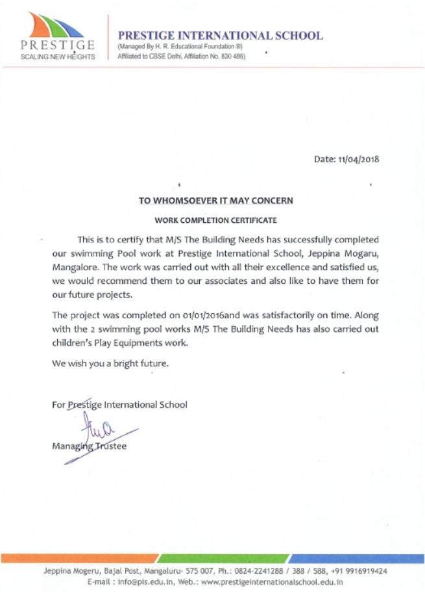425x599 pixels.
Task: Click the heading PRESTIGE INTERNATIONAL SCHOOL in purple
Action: [220, 36]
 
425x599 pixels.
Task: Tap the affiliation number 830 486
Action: [232, 57]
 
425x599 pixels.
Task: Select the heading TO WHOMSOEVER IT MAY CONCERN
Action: [216, 201]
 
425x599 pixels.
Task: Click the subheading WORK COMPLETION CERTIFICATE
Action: [215, 220]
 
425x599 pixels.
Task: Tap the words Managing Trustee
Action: [90, 446]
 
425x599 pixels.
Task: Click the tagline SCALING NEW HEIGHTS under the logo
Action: [57, 57]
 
